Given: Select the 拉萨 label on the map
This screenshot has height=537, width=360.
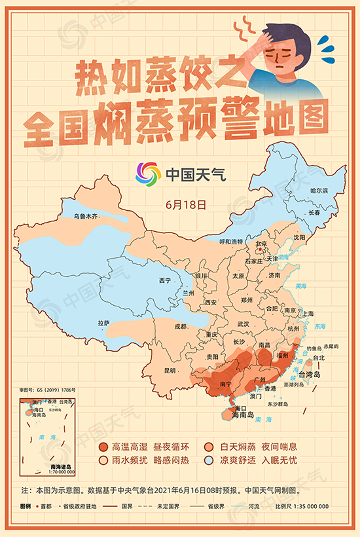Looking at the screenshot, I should [x=104, y=323].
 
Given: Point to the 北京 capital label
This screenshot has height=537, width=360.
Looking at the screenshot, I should [x=261, y=244].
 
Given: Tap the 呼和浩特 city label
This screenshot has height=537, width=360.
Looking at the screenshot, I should [x=230, y=242].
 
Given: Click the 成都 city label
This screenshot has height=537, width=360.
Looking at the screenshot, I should [x=181, y=326].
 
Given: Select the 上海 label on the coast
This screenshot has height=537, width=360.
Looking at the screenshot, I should [x=308, y=314].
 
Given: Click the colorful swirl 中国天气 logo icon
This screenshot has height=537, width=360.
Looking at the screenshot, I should [x=148, y=174].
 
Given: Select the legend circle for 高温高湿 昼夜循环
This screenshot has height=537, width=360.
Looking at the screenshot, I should [x=103, y=447].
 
